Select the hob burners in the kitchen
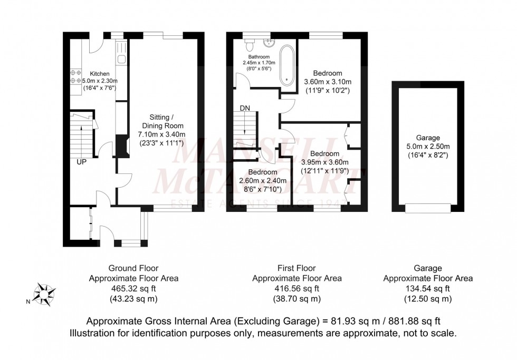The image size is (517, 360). click(75, 77)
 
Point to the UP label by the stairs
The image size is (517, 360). click(81, 162)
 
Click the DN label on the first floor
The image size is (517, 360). click(245, 108)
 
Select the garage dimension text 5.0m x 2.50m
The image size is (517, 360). click(427, 147)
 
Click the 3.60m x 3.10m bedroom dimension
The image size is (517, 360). click(328, 82)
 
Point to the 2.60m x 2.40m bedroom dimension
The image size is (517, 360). click(262, 181)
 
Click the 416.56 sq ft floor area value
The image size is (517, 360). click(296, 288)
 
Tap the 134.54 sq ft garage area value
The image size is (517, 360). click(427, 288)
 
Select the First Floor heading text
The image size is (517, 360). click(296, 268)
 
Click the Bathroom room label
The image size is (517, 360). click(259, 57)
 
